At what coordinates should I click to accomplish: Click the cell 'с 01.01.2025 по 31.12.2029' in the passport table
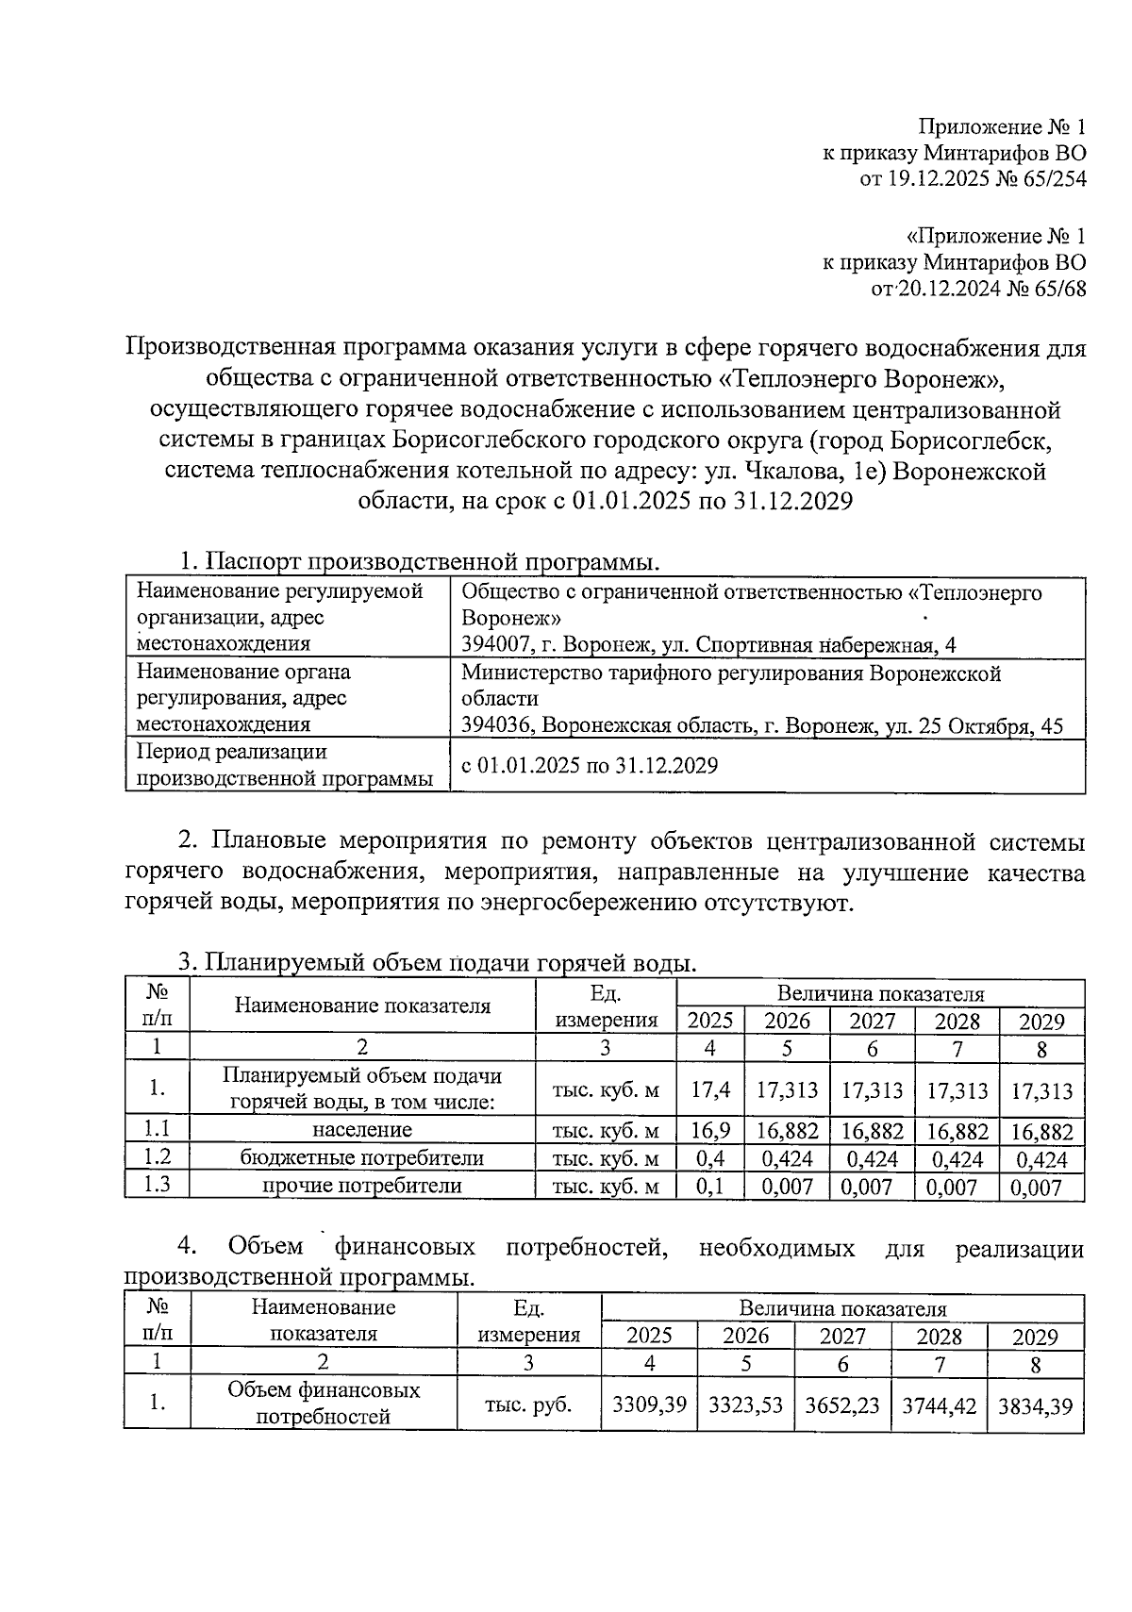click(590, 765)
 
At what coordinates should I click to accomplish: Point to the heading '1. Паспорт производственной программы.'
click(419, 561)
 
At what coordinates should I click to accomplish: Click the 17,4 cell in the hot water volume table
click(710, 1090)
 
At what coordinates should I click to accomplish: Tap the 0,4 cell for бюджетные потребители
click(710, 1159)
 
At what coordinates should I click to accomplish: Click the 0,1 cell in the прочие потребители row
click(710, 1187)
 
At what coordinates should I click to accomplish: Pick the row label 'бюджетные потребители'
click(362, 1158)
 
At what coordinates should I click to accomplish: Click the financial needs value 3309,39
click(649, 1404)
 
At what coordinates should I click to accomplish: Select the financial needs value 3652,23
click(842, 1404)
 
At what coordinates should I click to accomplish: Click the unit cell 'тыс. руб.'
click(528, 1404)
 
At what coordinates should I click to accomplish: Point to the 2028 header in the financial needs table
click(940, 1337)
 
